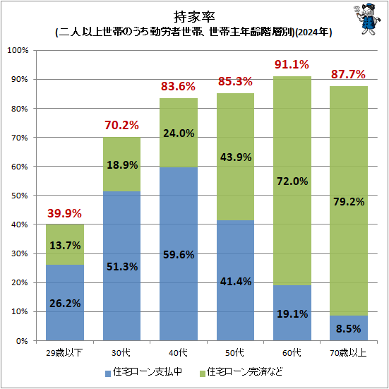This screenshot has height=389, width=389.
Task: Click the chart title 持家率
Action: point(194,16)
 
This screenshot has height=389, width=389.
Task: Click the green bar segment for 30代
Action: point(121,164)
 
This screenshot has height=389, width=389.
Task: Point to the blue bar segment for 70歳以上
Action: point(348,328)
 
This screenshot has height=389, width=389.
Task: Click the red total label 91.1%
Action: point(292,65)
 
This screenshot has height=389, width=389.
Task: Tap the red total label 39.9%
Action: point(65,213)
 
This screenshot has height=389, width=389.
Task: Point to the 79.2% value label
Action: point(348,201)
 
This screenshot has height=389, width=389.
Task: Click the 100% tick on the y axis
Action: point(17,51)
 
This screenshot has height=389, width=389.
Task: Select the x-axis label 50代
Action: point(234,352)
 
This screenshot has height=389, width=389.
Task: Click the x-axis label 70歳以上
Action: point(348,352)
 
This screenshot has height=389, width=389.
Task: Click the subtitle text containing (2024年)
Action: point(194,32)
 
